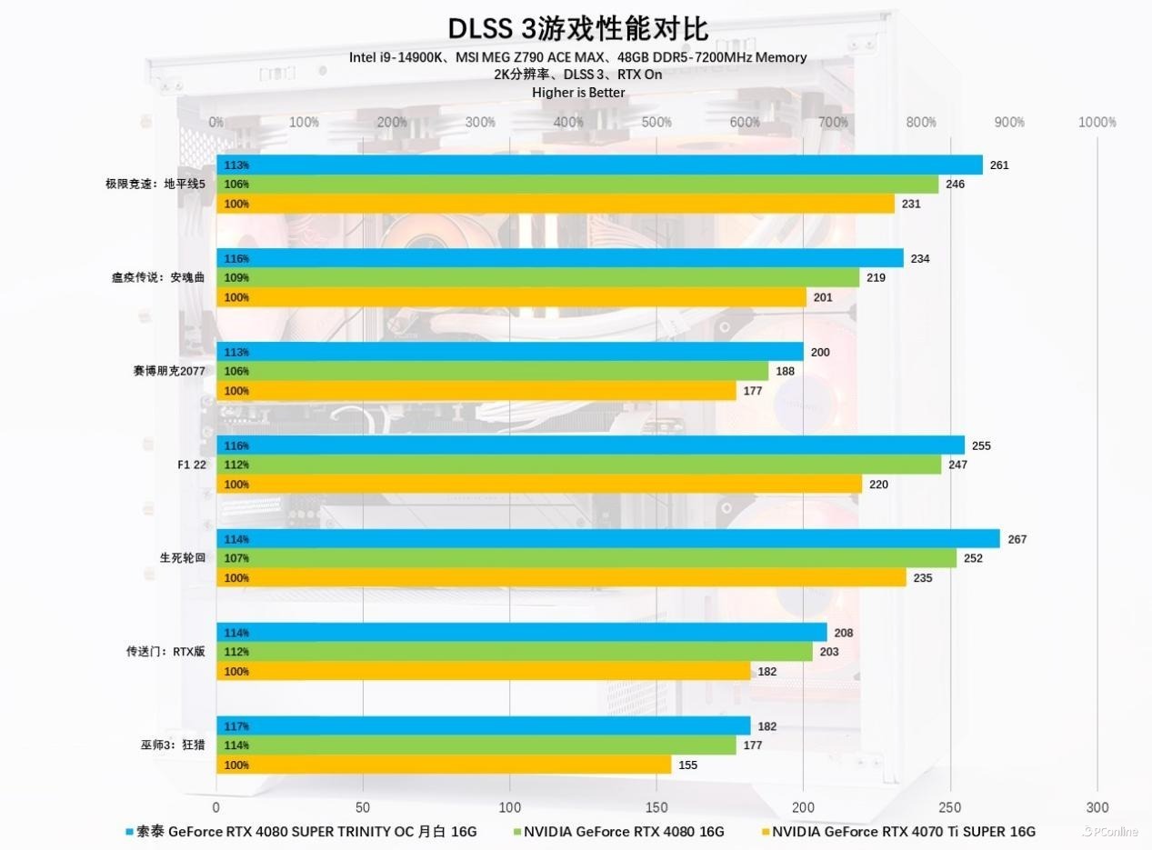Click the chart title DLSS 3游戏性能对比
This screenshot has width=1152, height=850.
(x=577, y=28)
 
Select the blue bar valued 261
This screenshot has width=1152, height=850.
(x=599, y=165)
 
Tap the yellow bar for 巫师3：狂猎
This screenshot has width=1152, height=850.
(x=444, y=765)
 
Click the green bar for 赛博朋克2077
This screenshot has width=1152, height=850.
(x=492, y=371)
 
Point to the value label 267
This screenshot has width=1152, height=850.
(x=1017, y=539)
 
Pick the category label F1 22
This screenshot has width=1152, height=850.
(x=192, y=464)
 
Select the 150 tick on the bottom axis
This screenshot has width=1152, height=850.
(x=656, y=807)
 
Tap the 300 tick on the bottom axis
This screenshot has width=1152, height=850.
(x=1097, y=807)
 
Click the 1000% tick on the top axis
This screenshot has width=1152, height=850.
(x=1097, y=122)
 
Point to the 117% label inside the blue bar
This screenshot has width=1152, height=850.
(x=236, y=726)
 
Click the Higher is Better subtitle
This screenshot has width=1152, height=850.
(x=578, y=92)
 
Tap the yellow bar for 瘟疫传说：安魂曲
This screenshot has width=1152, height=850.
(x=511, y=297)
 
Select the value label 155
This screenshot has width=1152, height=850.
(x=687, y=765)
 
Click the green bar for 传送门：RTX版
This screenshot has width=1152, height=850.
(x=515, y=652)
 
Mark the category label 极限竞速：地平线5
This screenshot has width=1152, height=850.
(x=155, y=184)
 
